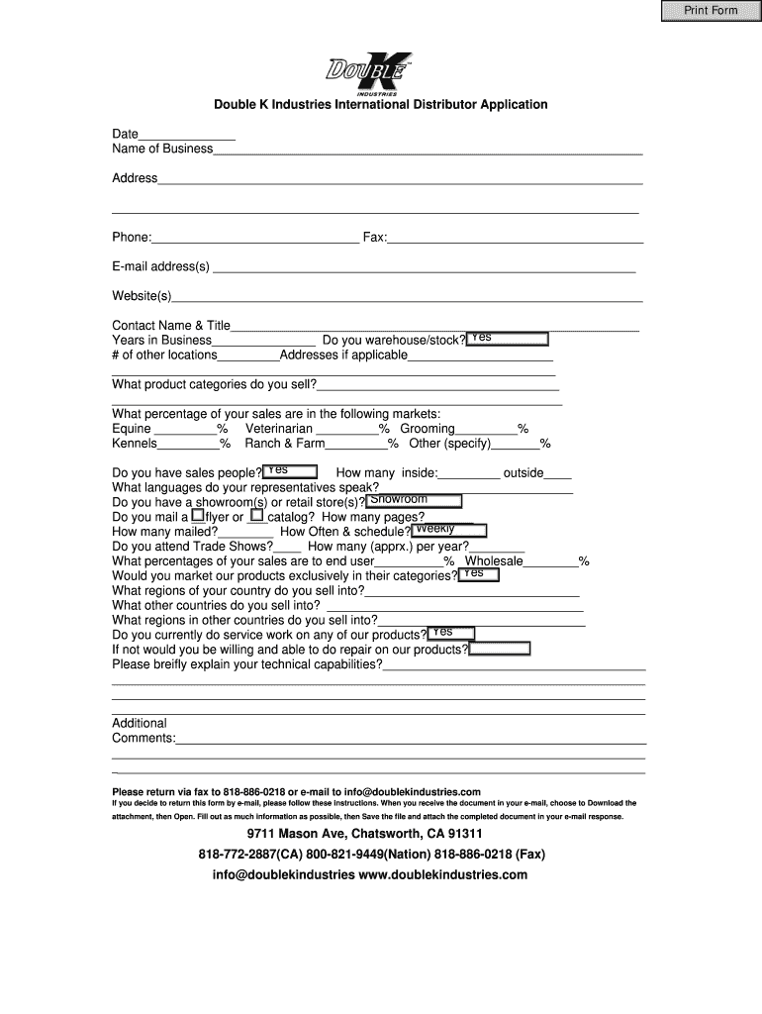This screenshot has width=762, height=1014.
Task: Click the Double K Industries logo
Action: (368, 74)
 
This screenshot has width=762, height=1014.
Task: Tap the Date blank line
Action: (187, 135)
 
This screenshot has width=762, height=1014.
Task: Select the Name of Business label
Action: (162, 149)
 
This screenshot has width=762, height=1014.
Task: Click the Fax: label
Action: (375, 238)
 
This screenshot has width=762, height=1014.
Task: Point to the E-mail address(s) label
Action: (161, 266)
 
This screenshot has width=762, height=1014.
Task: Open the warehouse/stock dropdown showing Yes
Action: (508, 339)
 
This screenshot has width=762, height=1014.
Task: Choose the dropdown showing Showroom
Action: (415, 501)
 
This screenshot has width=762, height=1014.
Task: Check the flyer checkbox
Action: (198, 516)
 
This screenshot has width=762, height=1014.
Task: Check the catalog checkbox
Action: (257, 516)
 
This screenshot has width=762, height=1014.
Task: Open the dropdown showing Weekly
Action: (440, 531)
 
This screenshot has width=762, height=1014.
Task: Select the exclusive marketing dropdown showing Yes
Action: (478, 574)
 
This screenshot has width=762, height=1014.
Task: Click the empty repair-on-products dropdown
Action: (500, 650)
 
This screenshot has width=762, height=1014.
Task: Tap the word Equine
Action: (132, 429)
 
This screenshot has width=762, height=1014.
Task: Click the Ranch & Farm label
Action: (285, 444)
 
